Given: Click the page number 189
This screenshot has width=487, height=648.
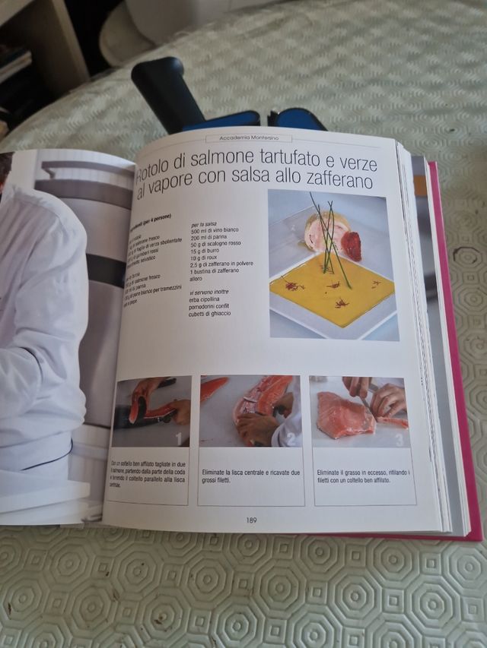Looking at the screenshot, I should [x=251, y=520].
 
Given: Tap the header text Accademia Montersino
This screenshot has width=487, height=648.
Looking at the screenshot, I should [x=249, y=138].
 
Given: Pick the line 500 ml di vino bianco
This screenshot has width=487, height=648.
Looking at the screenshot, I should [x=221, y=230].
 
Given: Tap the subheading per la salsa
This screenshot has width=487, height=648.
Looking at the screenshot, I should [x=205, y=223].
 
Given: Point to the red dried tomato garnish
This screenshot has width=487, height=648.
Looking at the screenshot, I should [x=351, y=245].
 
